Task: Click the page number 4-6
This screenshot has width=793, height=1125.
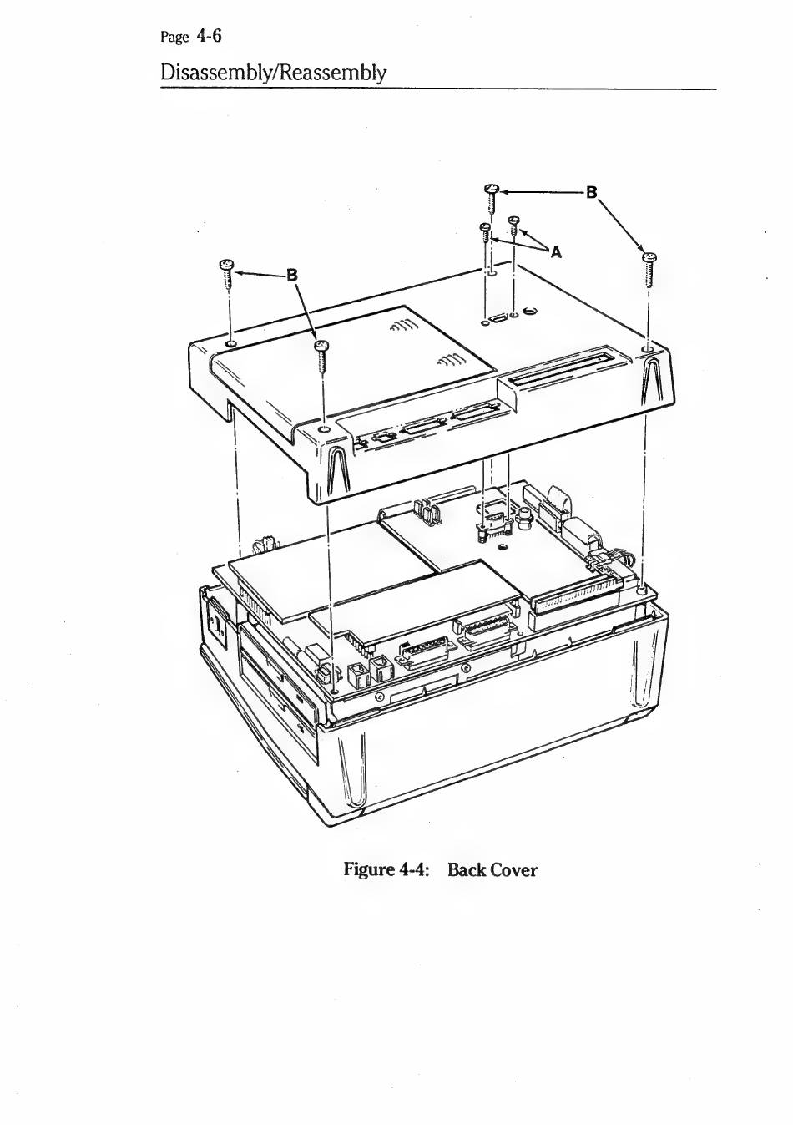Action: (209, 36)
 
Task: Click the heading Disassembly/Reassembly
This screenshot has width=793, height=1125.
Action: (273, 73)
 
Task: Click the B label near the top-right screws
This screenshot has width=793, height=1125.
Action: (592, 192)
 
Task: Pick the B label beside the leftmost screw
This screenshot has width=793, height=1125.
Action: (291, 274)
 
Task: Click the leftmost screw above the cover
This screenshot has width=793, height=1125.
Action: (225, 271)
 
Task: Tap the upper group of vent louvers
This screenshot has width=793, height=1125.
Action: (405, 326)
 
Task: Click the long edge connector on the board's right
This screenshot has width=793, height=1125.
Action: (576, 597)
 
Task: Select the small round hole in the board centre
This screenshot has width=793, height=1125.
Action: (502, 548)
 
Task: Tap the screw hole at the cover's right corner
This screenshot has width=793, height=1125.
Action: (647, 347)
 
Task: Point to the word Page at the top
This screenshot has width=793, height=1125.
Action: (174, 38)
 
